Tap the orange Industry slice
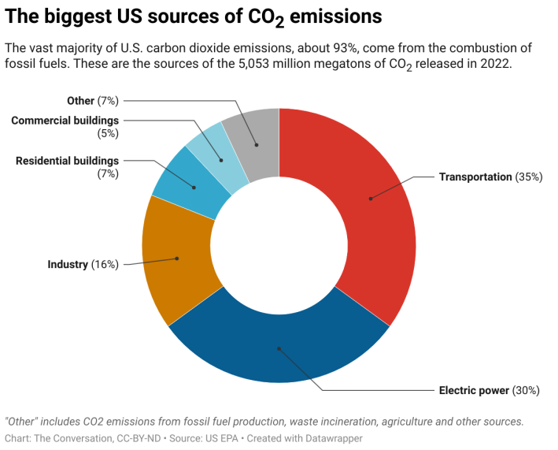point(178,257)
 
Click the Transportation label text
point(475,177)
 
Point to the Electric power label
point(474,390)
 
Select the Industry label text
point(68,264)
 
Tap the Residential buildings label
point(67,161)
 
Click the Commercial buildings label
point(65,121)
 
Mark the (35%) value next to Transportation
point(528,177)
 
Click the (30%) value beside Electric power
point(526,390)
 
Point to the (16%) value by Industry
point(105,264)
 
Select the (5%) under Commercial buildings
point(107,133)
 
